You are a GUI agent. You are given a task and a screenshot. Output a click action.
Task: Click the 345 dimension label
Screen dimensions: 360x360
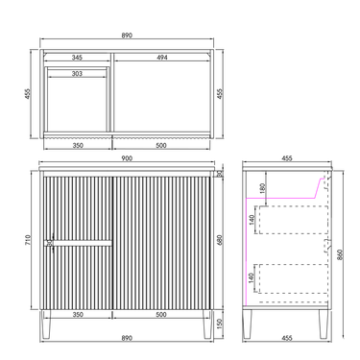(77, 58)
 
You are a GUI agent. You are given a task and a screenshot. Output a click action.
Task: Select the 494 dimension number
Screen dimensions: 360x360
(162, 58)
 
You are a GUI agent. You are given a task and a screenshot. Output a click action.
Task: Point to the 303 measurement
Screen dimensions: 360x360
(77, 74)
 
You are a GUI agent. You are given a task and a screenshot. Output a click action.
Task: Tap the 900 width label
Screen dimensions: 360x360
(127, 158)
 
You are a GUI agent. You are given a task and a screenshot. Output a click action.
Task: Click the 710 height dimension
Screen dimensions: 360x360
(27, 240)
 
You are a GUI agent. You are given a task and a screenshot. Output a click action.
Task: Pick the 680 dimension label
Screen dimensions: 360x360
(219, 240)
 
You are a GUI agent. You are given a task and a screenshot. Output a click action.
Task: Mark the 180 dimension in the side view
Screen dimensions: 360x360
(262, 188)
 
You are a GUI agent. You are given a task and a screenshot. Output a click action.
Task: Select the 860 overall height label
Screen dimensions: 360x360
(340, 255)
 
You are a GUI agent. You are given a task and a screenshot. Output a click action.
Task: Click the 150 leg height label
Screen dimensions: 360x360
(219, 324)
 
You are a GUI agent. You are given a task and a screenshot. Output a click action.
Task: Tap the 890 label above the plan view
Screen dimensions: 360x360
(127, 36)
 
